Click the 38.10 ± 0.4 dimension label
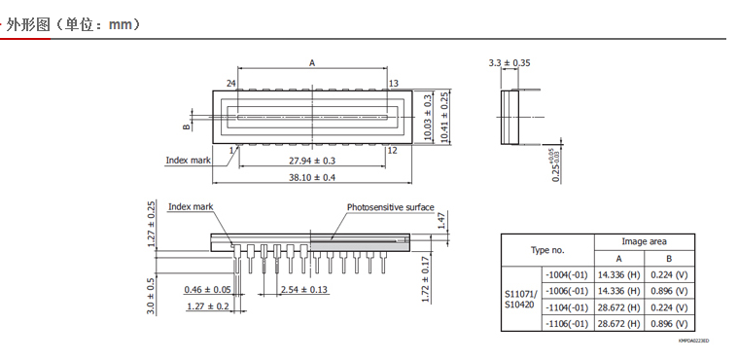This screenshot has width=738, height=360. click(311, 178)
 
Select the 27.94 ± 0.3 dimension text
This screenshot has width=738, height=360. click(311, 161)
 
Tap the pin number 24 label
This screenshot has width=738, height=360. click(230, 84)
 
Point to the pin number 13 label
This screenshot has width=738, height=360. click(394, 84)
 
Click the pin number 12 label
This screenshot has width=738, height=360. click(392, 151)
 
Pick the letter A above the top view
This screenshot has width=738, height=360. click(311, 62)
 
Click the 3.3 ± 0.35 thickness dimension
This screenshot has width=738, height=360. click(510, 62)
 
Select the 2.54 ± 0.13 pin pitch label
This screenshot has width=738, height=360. click(304, 289)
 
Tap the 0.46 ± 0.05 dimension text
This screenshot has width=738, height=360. click(207, 289)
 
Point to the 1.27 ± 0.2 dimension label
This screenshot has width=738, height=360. click(207, 306)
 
